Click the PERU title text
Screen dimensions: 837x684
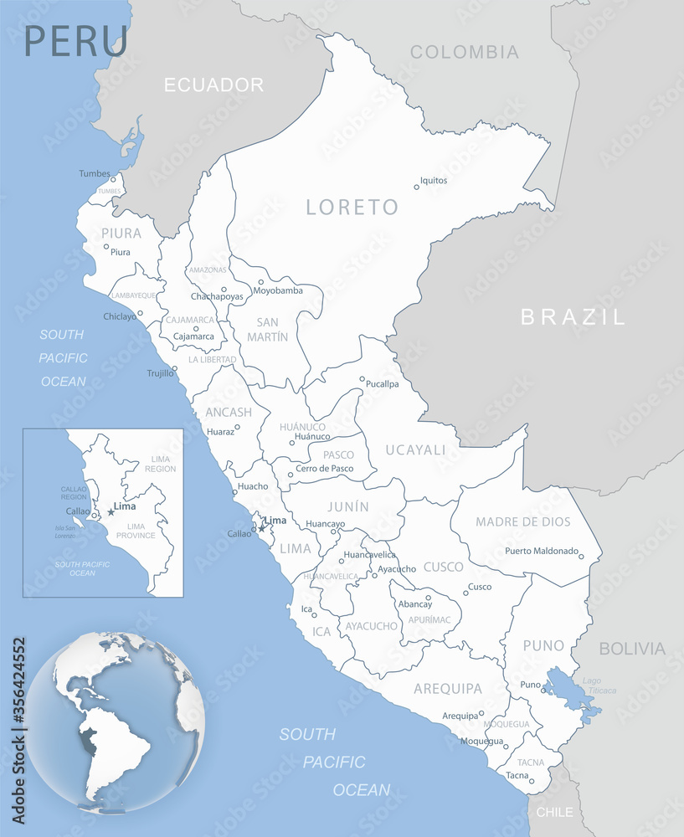point(76,40)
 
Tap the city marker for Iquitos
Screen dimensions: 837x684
point(416,187)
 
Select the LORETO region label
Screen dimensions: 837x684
point(352,207)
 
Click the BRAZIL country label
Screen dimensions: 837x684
point(573,316)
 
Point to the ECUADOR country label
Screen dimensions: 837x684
point(213,85)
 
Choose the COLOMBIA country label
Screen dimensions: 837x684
point(464,52)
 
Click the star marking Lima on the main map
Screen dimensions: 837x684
point(261,528)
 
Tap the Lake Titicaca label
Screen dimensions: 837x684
point(601,686)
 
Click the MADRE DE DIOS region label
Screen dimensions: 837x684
point(522,521)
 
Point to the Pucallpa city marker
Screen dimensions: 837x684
point(363,379)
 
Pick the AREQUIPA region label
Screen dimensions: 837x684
point(448,689)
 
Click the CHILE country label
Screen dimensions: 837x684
point(554,812)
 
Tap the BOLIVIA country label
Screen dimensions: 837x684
point(632,649)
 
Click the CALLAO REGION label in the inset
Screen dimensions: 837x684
point(74,493)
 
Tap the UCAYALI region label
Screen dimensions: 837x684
point(415,450)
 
